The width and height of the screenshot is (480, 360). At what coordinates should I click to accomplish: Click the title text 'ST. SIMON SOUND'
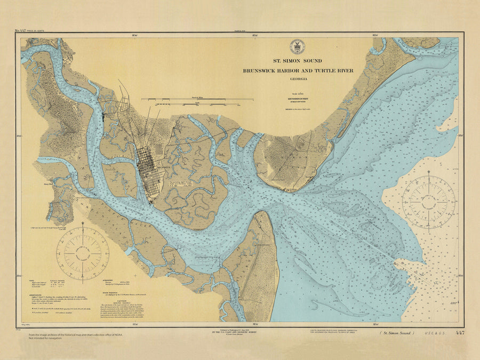297,61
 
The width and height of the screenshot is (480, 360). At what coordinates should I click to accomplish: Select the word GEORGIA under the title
297,79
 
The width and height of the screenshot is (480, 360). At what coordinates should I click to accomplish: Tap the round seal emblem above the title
297,47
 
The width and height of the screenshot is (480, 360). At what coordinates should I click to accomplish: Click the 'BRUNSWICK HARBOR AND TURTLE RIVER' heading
297,70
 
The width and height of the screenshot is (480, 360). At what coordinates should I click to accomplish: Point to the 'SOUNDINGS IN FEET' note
298,99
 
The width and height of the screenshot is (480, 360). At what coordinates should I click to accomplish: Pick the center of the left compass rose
83,253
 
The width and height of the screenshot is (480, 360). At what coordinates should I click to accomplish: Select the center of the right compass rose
429,202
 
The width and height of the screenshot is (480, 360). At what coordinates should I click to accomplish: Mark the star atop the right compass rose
429,173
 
